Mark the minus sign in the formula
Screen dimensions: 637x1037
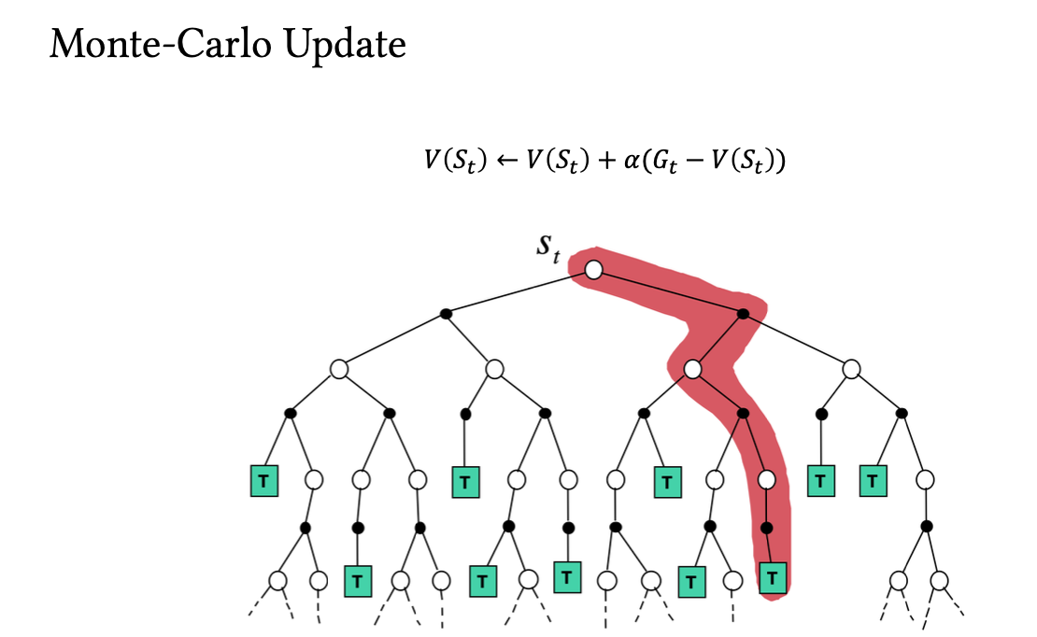[707, 161]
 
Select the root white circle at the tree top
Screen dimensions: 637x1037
[593, 269]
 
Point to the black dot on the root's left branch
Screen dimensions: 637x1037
[447, 314]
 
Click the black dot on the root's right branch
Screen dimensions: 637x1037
[743, 314]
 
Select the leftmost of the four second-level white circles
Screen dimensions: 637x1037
[339, 369]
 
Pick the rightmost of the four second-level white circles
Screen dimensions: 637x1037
[850, 369]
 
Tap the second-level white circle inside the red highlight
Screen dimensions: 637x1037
[692, 369]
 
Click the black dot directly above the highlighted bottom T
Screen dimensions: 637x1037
[767, 528]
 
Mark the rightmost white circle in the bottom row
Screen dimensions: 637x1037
[938, 580]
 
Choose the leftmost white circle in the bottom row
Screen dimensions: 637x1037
[277, 580]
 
